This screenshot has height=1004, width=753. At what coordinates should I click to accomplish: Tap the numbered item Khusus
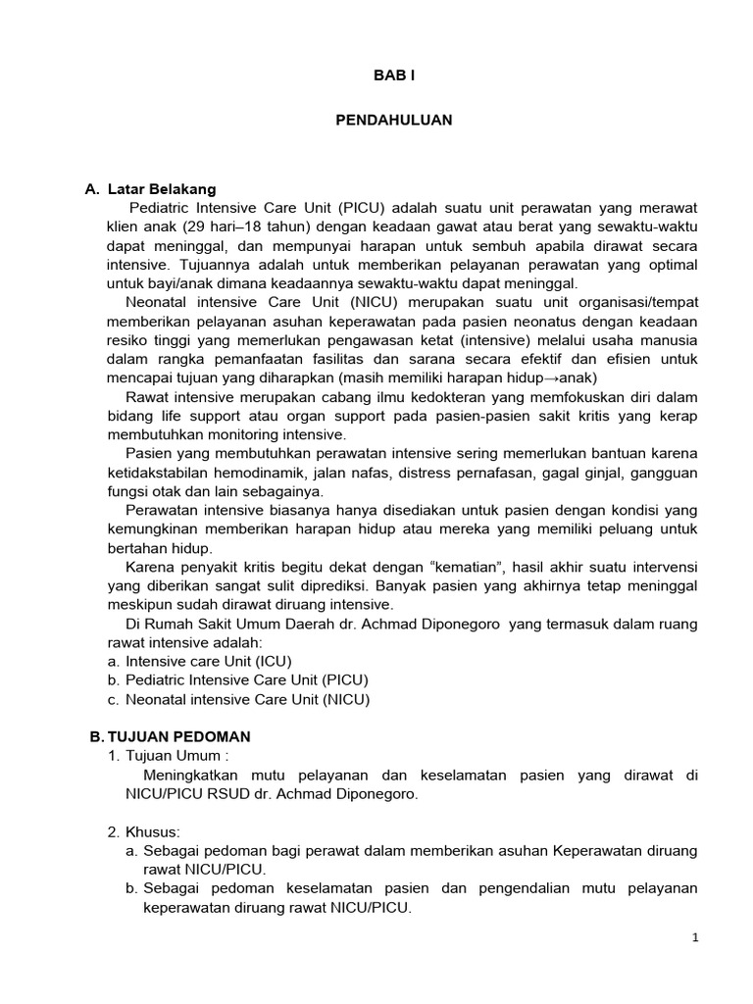pyautogui.click(x=162, y=831)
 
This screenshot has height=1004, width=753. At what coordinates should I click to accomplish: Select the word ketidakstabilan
pyautogui.click(x=162, y=472)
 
